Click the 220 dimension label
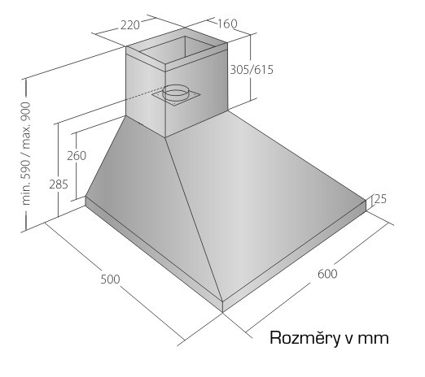tap(130, 25)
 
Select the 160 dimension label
tap(227, 24)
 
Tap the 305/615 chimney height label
tap(252, 70)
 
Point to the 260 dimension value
tap(77, 156)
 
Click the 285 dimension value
tap(59, 184)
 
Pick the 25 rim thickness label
tap(380, 199)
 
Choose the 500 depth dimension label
tap(110, 279)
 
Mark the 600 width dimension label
tap(327, 274)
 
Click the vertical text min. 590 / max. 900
tap(26, 154)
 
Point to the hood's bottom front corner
tap(222, 312)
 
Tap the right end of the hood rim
tap(366, 206)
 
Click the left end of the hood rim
tap(85, 201)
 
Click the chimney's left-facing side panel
tap(146, 95)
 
